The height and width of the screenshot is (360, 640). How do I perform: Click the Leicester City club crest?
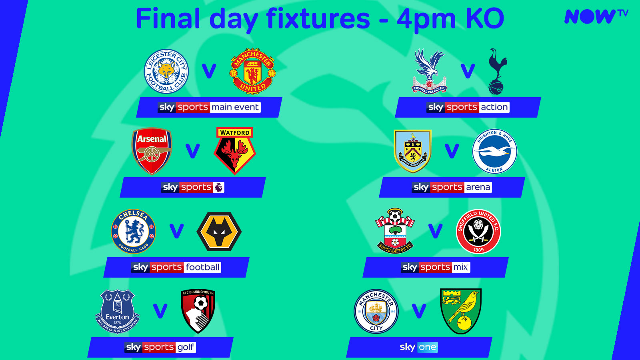click(x=166, y=71)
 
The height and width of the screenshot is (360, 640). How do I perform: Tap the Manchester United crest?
click(x=253, y=71)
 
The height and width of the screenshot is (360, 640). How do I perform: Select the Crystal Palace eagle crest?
click(x=430, y=71)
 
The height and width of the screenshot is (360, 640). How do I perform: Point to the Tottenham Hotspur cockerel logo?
click(x=497, y=71)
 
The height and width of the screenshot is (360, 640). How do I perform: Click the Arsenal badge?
click(x=152, y=151)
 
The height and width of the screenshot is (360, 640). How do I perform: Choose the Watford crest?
click(x=235, y=151)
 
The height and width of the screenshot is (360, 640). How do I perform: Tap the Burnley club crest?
click(x=412, y=151)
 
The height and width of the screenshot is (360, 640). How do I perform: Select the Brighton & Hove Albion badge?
click(x=494, y=151)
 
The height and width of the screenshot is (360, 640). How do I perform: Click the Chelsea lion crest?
click(x=133, y=231)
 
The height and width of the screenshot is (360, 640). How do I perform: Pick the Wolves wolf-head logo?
click(x=219, y=231)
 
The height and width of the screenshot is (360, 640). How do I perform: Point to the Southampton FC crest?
click(x=395, y=231)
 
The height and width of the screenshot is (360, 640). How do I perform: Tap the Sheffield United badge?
click(x=478, y=231)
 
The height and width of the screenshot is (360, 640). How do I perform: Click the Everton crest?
click(x=117, y=311)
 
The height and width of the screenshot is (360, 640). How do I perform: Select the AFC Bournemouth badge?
click(x=198, y=311)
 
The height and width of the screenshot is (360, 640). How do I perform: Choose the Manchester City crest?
click(x=376, y=311)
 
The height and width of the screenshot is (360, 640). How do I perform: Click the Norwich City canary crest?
click(x=461, y=311)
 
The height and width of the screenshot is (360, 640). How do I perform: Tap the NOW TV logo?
click(x=596, y=16)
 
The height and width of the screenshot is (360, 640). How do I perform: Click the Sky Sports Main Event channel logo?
click(x=209, y=107)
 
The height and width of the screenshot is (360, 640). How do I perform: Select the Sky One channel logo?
click(x=418, y=347)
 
